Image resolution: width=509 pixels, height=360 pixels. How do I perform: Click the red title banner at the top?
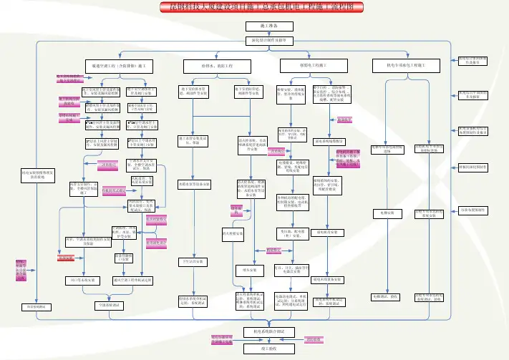tap(254, 6)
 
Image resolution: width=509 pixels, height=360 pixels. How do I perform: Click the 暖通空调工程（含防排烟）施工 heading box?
tap(119, 65)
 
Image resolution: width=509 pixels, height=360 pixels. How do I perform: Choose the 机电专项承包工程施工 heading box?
tap(404, 65)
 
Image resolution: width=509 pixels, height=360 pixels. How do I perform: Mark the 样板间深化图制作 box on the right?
tap(472, 167)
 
